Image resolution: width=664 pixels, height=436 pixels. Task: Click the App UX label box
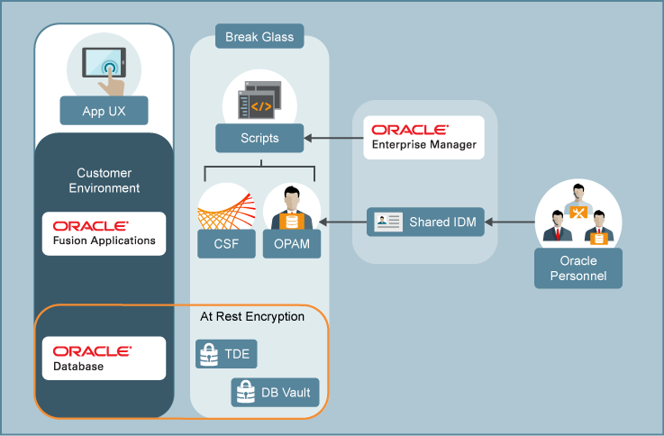coord(103,112)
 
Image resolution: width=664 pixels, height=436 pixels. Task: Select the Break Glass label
coord(259,38)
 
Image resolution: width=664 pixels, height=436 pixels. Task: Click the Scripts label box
coord(259,139)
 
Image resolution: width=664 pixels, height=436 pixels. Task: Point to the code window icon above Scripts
coord(259,100)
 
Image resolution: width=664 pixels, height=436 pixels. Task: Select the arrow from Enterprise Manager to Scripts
coord(333,139)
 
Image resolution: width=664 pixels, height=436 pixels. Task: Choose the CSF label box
coord(226,243)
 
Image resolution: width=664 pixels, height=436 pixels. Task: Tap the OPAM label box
coord(292,243)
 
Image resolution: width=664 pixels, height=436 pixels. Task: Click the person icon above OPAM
coord(292,208)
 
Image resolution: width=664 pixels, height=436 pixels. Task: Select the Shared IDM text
coord(441,222)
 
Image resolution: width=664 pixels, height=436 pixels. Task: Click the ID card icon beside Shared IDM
coord(387,222)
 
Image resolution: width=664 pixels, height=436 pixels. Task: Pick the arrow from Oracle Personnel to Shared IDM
coord(509,222)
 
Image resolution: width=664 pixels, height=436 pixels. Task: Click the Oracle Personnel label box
coord(578,268)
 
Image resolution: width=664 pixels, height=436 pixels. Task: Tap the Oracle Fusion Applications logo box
coord(105,233)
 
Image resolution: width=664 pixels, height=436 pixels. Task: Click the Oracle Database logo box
coord(105,358)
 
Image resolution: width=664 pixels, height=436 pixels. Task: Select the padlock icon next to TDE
coord(209,354)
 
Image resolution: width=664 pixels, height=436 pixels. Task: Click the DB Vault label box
coord(275,392)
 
